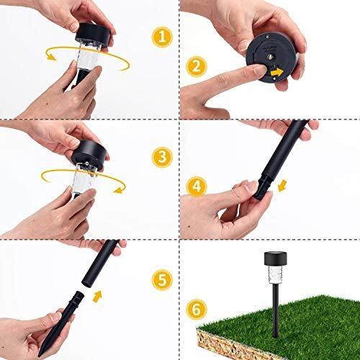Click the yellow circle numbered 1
tap(161, 36)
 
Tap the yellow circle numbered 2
tap(194, 66)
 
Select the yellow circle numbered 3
tap(162, 156)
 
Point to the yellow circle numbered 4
tap(194, 185)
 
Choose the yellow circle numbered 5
tap(161, 278)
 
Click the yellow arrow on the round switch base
tap(276, 72)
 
